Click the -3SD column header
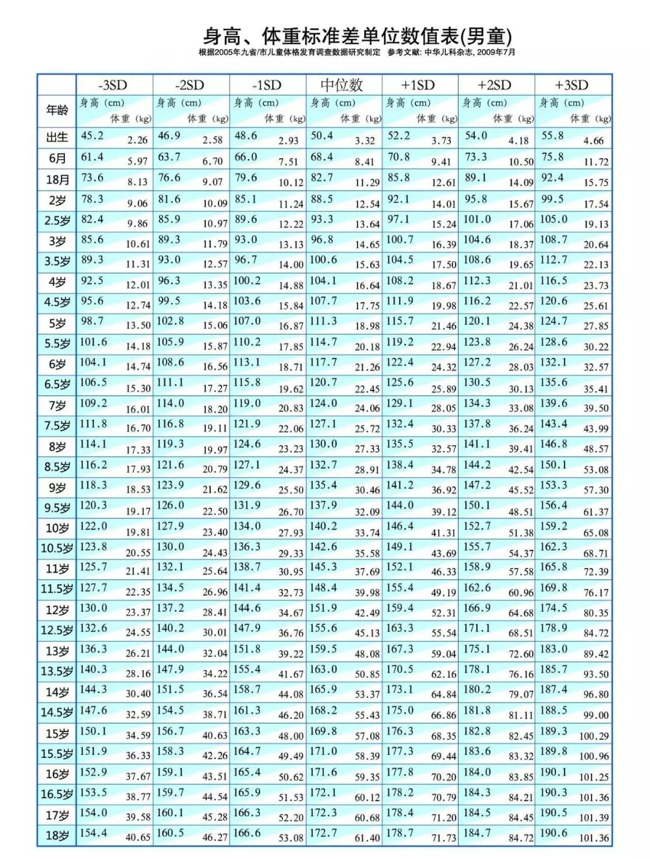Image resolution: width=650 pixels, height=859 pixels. pyautogui.click(x=114, y=85)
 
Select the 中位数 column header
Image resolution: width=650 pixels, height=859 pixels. pyautogui.click(x=342, y=85)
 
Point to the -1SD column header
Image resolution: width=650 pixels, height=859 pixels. pyautogui.click(x=267, y=85)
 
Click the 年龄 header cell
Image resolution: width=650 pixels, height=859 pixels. pyautogui.click(x=57, y=111)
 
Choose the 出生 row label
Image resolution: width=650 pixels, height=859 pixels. pyautogui.click(x=57, y=138)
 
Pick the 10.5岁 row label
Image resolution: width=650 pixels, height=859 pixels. pyautogui.click(x=57, y=549)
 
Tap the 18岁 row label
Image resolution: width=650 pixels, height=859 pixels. pyautogui.click(x=57, y=836)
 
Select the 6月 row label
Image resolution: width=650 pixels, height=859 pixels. pyautogui.click(x=57, y=159)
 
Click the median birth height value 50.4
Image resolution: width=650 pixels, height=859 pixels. pyautogui.click(x=322, y=136)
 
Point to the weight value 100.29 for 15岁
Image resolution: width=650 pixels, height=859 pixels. pyautogui.click(x=593, y=736)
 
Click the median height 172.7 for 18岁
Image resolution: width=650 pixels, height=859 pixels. pyautogui.click(x=323, y=833)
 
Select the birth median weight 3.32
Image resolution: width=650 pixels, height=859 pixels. pyautogui.click(x=365, y=141)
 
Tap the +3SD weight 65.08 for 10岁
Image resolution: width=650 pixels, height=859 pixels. pyautogui.click(x=596, y=533)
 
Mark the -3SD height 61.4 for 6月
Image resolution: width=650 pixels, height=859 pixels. pyautogui.click(x=93, y=157)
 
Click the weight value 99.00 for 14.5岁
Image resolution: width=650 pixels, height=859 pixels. pyautogui.click(x=596, y=715)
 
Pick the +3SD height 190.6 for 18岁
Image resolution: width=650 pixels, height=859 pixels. pyautogui.click(x=553, y=833)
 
